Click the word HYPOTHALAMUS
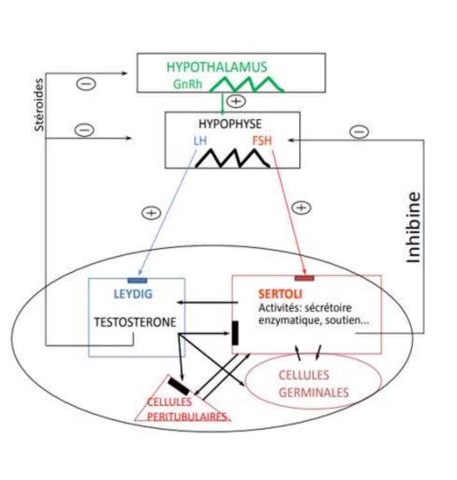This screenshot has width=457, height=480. pyautogui.click(x=216, y=67)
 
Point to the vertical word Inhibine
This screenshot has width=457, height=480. pyautogui.click(x=415, y=227)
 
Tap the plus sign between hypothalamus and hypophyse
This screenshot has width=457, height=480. pyautogui.click(x=237, y=101)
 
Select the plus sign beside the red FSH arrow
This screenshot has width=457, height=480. pyautogui.click(x=301, y=207)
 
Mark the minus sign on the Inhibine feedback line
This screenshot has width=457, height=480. pyautogui.click(x=360, y=132)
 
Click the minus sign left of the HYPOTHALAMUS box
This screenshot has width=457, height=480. pyautogui.click(x=87, y=84)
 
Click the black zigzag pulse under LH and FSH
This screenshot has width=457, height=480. pyautogui.click(x=232, y=159)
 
